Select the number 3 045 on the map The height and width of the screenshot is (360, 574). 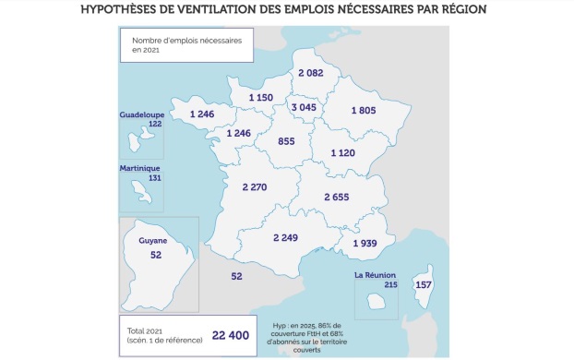click(x=305, y=108)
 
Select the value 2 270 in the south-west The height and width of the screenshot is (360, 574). click(x=254, y=187)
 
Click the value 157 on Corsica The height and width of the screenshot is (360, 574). click(x=424, y=284)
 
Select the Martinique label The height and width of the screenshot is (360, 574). click(x=140, y=169)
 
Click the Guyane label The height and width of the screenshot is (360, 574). click(x=153, y=241)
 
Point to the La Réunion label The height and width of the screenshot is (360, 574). click(x=376, y=276)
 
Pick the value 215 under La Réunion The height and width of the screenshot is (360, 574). click(x=389, y=285)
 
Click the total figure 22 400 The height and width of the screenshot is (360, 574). click(x=231, y=335)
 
